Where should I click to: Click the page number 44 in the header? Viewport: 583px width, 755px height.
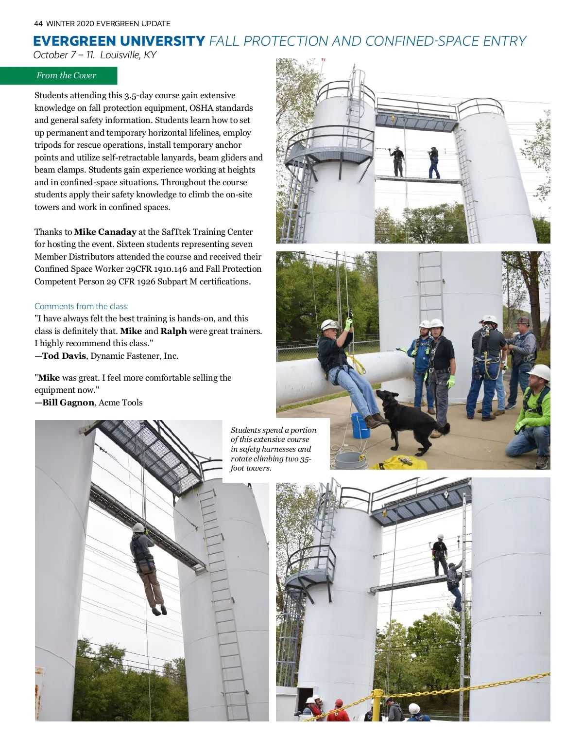pos(38,23)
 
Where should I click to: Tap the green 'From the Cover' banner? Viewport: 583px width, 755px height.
pos(66,75)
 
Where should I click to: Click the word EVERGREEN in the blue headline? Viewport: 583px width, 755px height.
pos(74,41)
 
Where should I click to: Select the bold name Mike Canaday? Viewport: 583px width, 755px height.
pos(105,232)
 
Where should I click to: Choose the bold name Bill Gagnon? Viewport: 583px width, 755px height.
pos(68,403)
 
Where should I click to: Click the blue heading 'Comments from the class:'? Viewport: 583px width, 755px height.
pos(81,306)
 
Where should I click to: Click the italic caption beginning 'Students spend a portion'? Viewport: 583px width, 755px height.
pos(274,449)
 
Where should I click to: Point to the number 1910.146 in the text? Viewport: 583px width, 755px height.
pos(170,269)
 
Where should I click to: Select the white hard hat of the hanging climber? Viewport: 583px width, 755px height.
pos(138,527)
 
